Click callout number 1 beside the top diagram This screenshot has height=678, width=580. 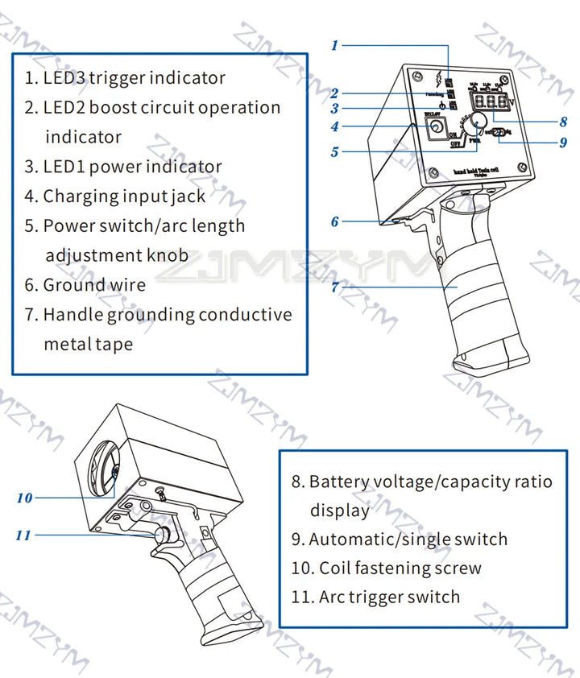(335, 46)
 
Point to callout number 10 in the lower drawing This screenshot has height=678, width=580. (25, 498)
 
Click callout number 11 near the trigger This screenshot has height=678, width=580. (25, 535)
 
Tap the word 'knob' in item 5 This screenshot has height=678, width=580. (167, 255)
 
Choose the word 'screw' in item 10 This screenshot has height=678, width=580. (455, 568)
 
